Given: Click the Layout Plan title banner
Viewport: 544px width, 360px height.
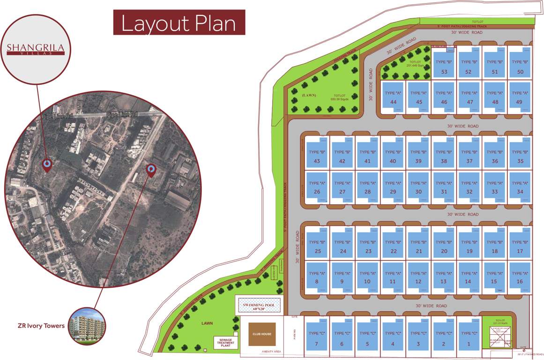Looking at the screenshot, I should coord(179,23).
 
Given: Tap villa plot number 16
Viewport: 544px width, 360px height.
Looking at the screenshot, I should coord(520,277).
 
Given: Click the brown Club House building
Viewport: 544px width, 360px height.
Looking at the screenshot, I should coord(262,334).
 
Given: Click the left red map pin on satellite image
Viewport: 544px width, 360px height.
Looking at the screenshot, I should coord(47,165).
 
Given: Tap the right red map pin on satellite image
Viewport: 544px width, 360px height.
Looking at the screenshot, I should coord(151,170).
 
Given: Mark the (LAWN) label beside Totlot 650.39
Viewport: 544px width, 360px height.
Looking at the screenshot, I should coord(309,95).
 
